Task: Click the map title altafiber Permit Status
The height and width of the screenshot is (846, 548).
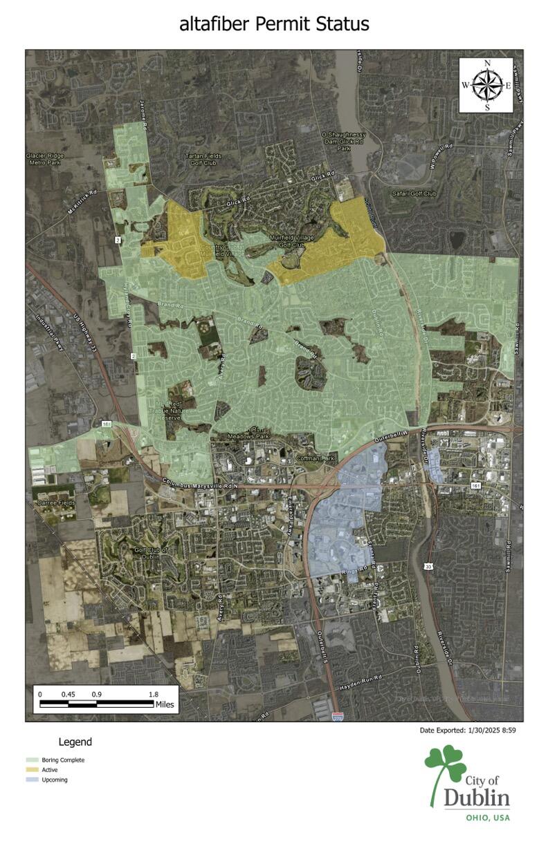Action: tap(274, 24)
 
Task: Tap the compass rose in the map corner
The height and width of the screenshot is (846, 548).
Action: tap(486, 85)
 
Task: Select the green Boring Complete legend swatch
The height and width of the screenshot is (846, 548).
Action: tap(31, 760)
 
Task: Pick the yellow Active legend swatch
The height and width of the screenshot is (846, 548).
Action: tap(31, 769)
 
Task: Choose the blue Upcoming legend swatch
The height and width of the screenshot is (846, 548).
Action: tap(31, 780)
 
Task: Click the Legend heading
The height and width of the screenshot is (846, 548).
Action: tap(75, 742)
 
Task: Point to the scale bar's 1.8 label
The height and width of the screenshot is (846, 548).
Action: tap(153, 694)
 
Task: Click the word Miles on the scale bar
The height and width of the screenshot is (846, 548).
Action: tap(165, 705)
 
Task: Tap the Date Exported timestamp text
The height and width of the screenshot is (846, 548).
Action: tap(468, 730)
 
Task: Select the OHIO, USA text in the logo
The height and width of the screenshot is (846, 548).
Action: tap(487, 818)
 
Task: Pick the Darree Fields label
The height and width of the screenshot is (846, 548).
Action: tap(55, 502)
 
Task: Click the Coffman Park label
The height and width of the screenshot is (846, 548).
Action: tap(316, 458)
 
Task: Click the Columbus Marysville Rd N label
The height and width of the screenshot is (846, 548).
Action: tap(200, 485)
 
